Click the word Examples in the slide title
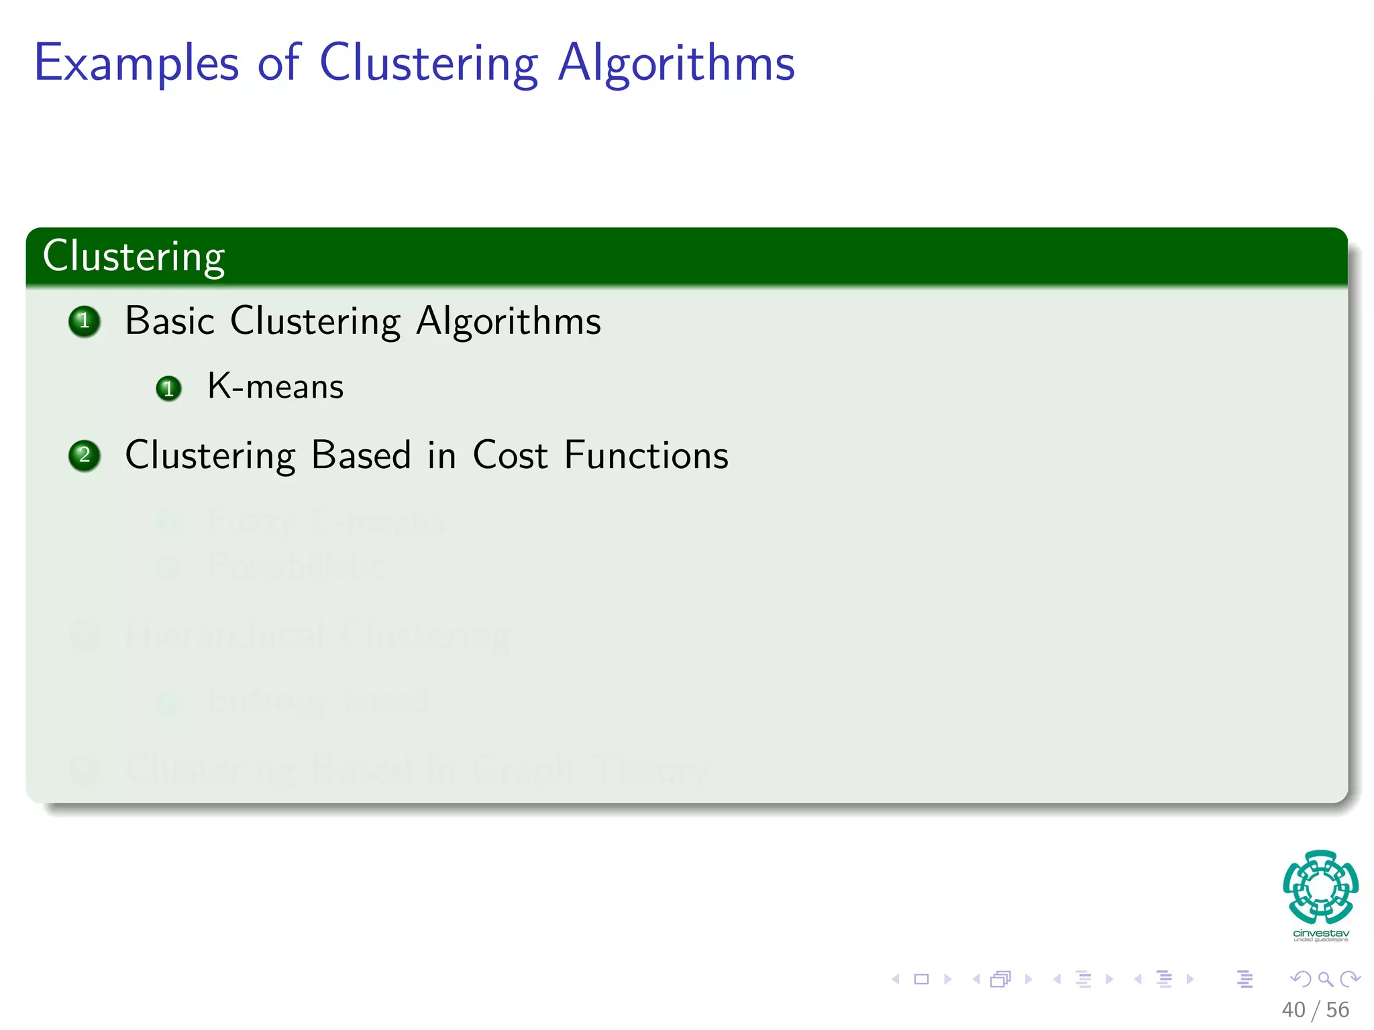click(136, 63)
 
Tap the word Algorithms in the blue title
click(676, 63)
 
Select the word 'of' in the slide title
click(278, 63)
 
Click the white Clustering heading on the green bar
click(134, 256)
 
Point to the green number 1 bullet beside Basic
click(85, 321)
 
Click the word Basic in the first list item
click(169, 321)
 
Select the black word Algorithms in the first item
click(509, 321)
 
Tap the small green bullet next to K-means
click(168, 388)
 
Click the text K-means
click(275, 387)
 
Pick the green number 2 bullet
click(85, 456)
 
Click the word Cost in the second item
click(510, 455)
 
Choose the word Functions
click(646, 455)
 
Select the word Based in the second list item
click(361, 455)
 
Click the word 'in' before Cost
click(441, 455)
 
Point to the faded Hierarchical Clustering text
click(318, 635)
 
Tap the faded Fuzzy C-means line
click(325, 521)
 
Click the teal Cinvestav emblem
click(1320, 886)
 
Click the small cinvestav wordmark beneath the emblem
click(1320, 933)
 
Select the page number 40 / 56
click(1315, 1010)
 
